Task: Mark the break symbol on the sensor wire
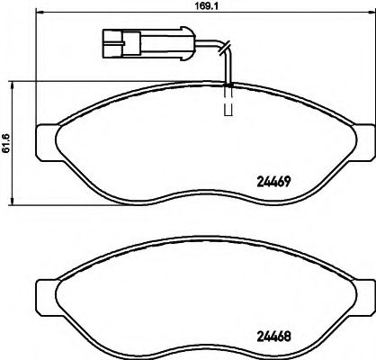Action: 226,49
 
